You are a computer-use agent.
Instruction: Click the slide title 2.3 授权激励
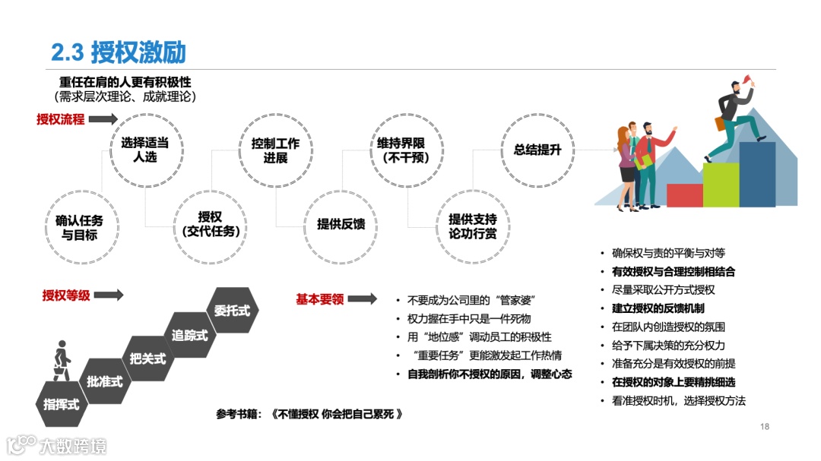(119, 52)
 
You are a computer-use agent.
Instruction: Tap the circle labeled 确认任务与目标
(79, 226)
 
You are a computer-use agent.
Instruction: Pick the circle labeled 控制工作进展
(275, 150)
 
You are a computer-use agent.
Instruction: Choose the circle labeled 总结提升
(537, 150)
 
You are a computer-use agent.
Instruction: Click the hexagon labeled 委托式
(232, 310)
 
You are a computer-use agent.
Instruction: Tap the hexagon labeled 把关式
(147, 358)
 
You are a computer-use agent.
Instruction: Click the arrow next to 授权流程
(104, 119)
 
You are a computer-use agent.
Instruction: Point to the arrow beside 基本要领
(363, 299)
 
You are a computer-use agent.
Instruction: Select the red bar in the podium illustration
(684, 195)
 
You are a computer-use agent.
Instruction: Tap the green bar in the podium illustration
(720, 184)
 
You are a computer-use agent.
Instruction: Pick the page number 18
(765, 427)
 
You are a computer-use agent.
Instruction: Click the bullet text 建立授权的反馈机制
(658, 308)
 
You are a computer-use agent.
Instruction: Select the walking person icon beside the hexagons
(61, 363)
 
